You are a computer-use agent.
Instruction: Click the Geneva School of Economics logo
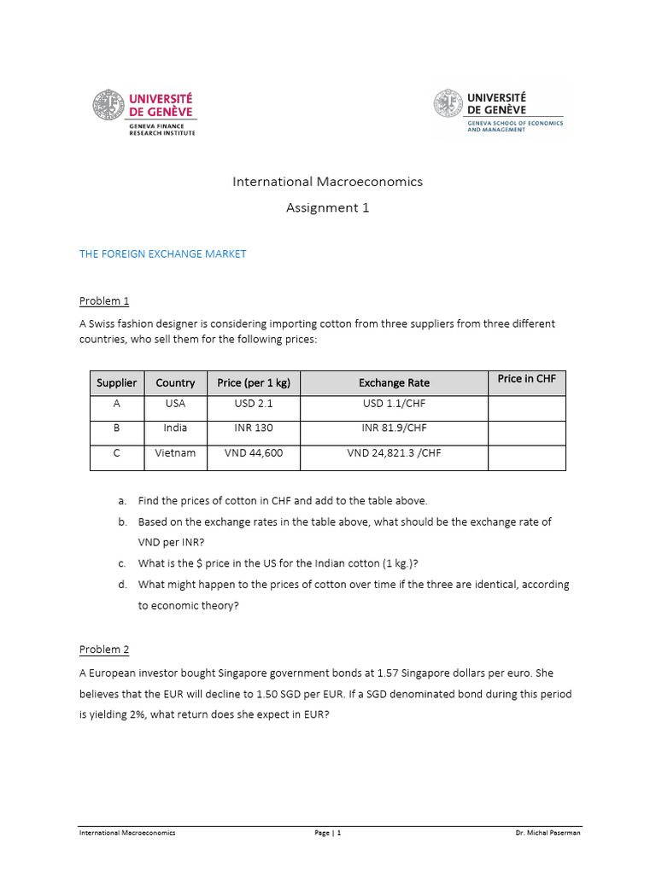coord(499,113)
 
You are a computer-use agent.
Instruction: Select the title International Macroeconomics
coord(328,181)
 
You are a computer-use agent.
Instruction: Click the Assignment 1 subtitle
coord(328,207)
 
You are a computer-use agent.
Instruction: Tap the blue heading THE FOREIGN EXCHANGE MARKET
coord(162,254)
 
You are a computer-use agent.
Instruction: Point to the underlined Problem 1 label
coord(104,300)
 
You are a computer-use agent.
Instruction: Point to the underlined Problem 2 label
coord(104,650)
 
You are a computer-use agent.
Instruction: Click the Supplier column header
coord(117,383)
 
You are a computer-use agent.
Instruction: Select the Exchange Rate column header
coord(394,383)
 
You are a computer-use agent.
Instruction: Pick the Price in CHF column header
coord(526,379)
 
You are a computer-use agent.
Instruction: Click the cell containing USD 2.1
coord(254,403)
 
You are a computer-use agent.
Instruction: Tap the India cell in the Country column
coord(175,428)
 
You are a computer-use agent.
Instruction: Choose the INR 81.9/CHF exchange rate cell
coord(394,428)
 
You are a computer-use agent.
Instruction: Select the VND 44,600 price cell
coord(254,453)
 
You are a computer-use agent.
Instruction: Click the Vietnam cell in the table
coord(175,453)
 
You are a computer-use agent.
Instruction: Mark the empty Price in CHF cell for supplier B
coord(526,433)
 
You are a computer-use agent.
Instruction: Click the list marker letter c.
coord(122,563)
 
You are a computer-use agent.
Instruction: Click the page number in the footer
coord(328,833)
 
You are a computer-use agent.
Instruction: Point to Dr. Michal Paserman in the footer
coord(548,833)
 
